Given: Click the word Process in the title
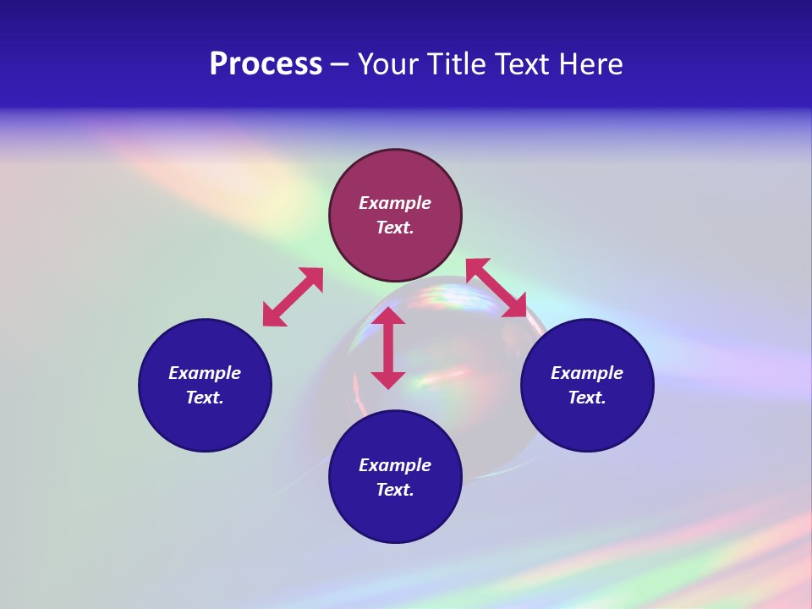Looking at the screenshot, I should point(266,64).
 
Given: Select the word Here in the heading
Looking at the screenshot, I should point(591,64).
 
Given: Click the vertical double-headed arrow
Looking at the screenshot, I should point(388,348).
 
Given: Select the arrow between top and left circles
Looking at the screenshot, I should point(293,297).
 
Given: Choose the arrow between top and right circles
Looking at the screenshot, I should point(496,288).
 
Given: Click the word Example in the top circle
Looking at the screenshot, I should point(395,203).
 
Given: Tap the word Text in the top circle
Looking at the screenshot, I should point(395,228).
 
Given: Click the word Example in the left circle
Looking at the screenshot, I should point(205,373).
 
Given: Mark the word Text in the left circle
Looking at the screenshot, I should point(205,398).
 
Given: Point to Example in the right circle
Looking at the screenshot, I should point(587,373).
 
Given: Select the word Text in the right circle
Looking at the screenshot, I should point(587,398).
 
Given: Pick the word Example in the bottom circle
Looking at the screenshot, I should point(395,465).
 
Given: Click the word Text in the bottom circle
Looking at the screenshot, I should point(395,490).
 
